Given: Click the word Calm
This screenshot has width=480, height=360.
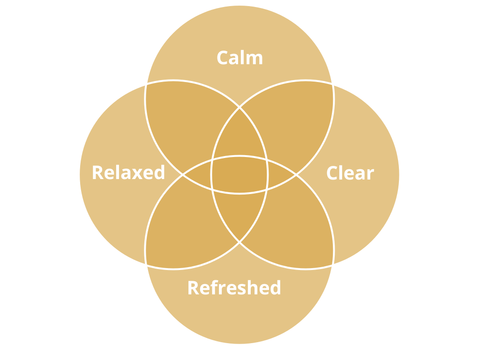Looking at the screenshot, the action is coord(240,57).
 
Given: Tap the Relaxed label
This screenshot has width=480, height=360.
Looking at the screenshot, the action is coord(128,172).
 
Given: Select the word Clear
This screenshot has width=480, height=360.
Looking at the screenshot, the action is coord(351,172).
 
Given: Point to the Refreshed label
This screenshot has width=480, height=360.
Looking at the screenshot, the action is coord(234,287).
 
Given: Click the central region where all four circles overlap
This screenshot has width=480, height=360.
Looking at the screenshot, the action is coord(240,175).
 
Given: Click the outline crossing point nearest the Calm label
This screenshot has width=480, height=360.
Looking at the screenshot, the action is coord(240,107).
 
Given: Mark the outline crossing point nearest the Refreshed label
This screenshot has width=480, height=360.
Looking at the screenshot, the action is coord(240,242).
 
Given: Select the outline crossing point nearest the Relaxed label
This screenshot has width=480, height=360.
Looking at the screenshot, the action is coord(183,175).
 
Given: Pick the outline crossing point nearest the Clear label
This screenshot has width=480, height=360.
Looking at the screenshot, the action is coord(296,175).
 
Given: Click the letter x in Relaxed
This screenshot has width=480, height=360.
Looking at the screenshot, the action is coord(137,174).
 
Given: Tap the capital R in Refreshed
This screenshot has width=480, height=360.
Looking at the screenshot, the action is coord(194,288).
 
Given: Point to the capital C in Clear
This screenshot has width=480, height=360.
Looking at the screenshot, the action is coord(332,173).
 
